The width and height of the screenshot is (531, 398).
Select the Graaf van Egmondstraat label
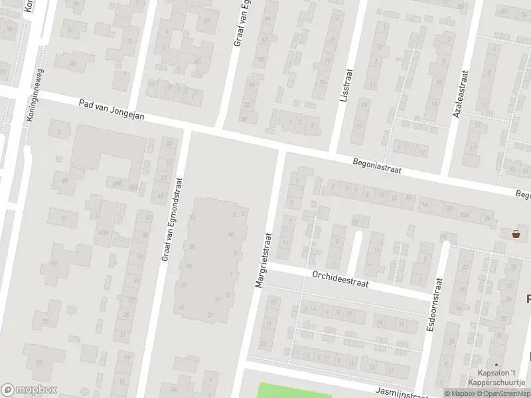coord(173,219)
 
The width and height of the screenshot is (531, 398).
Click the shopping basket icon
coord(516,233)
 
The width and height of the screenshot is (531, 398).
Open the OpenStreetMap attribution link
coord(506,393)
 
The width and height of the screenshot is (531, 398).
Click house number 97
coord(39,363)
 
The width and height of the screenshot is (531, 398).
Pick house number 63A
coord(103,232)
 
